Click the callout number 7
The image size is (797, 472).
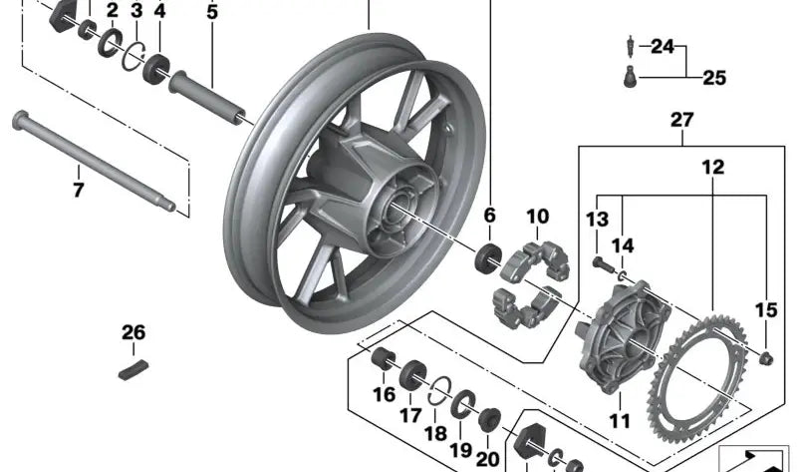point(79,190)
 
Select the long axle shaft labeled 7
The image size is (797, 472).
point(95,162)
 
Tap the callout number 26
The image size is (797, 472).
point(133,332)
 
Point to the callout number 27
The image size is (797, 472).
point(681,120)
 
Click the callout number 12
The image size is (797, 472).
point(713,169)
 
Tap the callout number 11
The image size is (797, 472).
point(620,420)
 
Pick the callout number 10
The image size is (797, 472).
point(537,216)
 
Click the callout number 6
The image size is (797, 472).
point(490,216)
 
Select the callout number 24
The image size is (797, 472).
point(663,46)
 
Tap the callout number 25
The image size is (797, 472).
point(715,77)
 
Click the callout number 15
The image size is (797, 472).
point(765,310)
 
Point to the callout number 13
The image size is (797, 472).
point(597,220)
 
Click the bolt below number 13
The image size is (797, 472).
point(602,263)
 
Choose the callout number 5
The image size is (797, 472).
point(211,13)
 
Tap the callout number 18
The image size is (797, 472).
point(435,434)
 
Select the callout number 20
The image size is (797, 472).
point(487,458)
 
